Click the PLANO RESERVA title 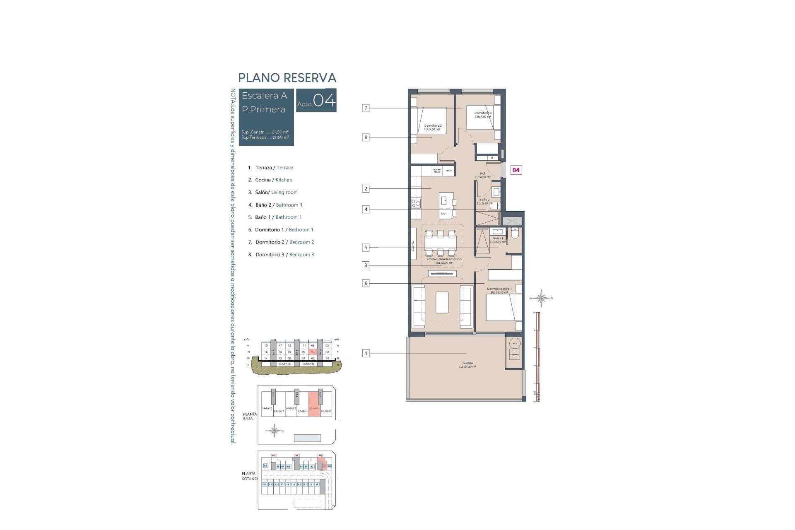pyautogui.click(x=287, y=78)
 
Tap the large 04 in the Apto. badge pyautogui.click(x=324, y=101)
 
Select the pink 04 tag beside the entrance pyautogui.click(x=516, y=170)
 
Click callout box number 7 pyautogui.click(x=366, y=108)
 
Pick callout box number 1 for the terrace pyautogui.click(x=366, y=353)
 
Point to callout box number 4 pyautogui.click(x=366, y=210)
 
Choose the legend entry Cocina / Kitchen pyautogui.click(x=273, y=180)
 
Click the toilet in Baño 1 pyautogui.click(x=515, y=234)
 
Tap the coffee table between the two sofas pyautogui.click(x=442, y=303)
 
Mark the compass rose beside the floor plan pyautogui.click(x=541, y=298)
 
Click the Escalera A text pyautogui.click(x=264, y=96)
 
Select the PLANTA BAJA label pyautogui.click(x=250, y=416)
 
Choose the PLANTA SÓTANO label pyautogui.click(x=249, y=476)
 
